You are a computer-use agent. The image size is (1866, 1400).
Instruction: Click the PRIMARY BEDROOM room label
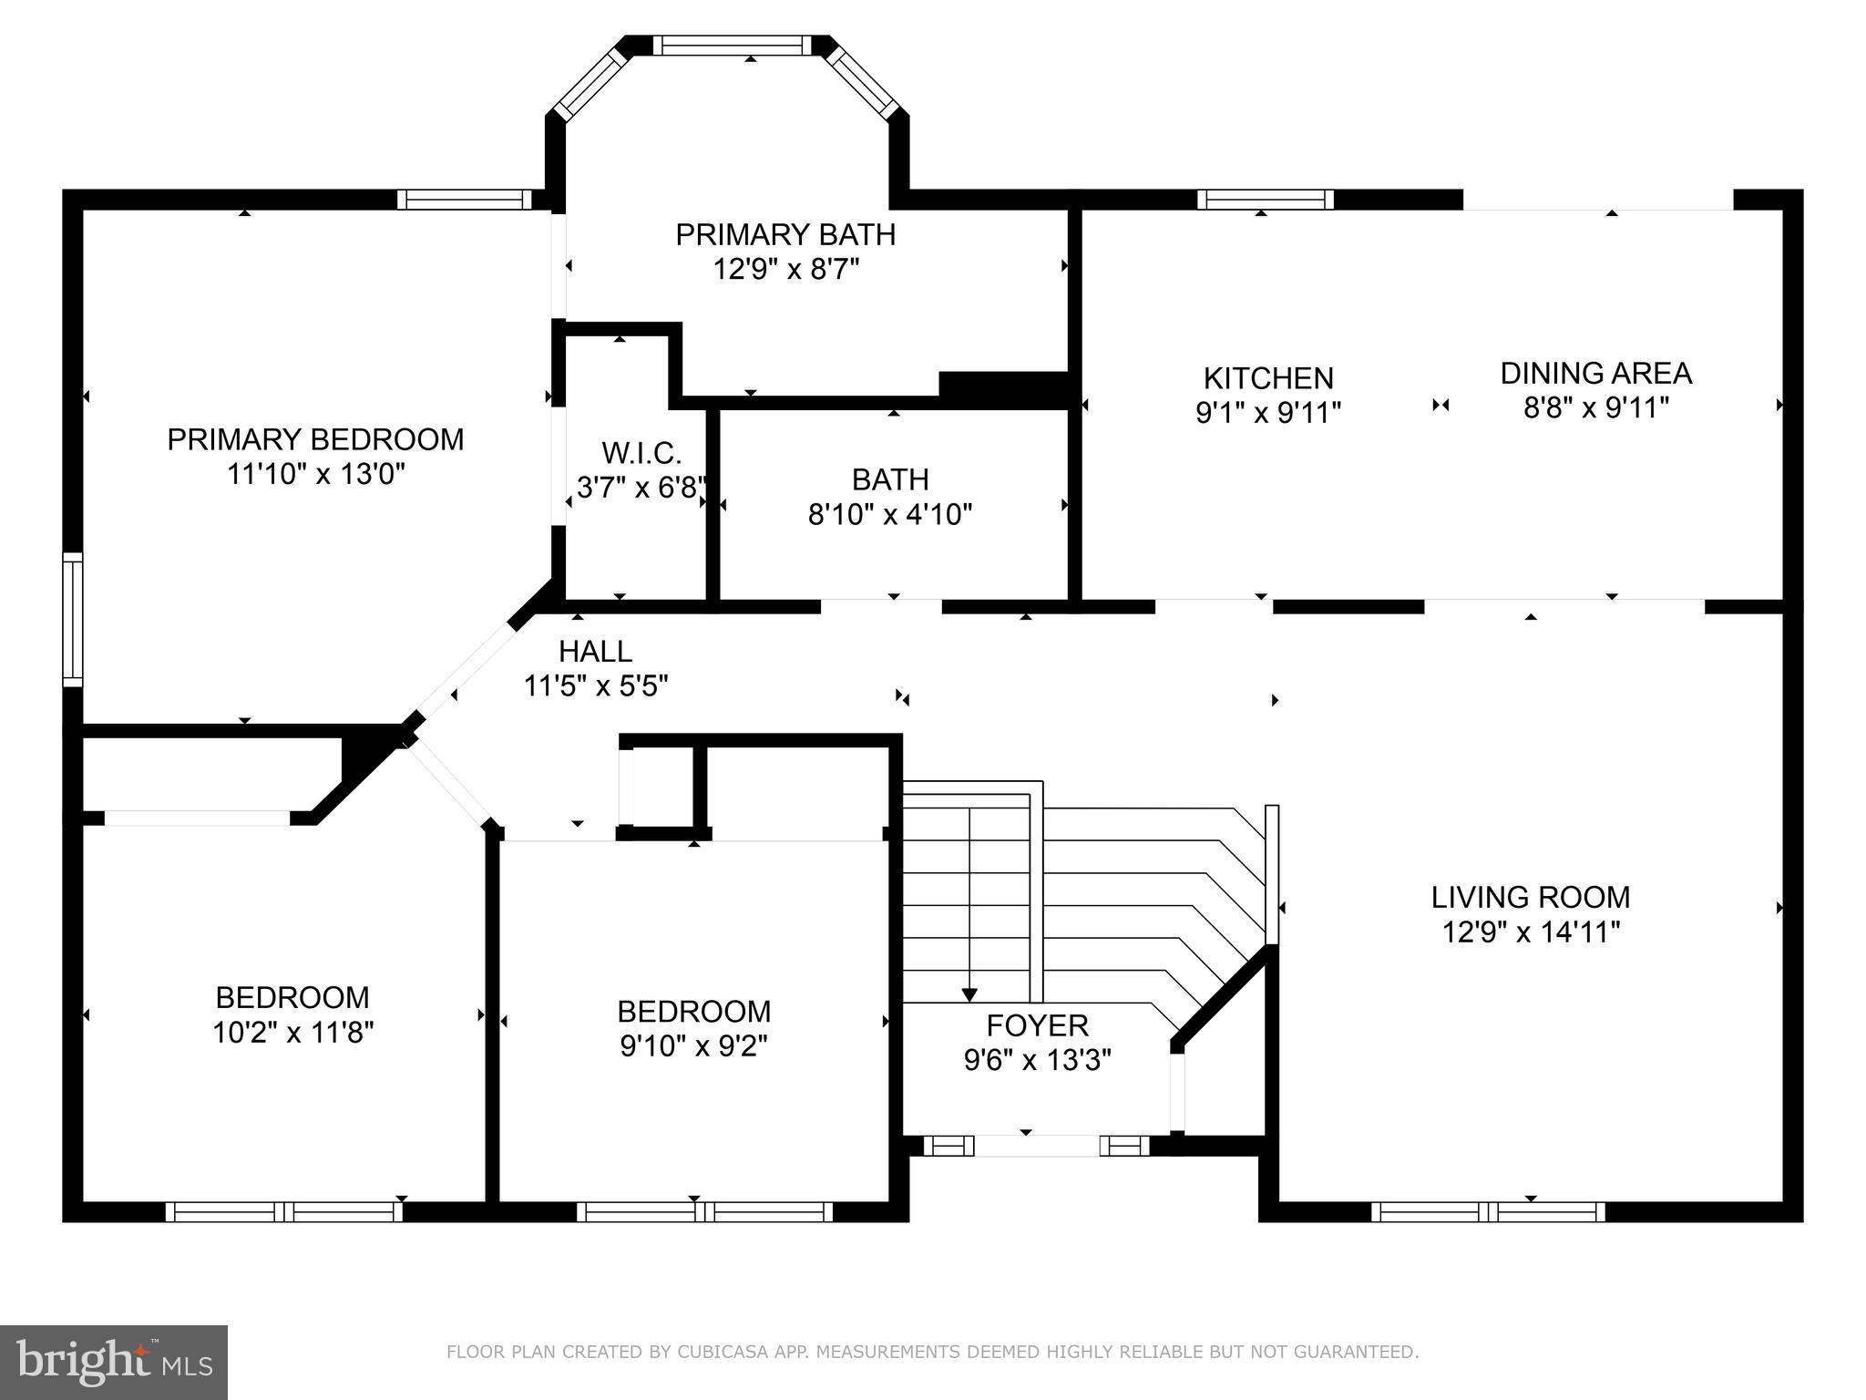(x=315, y=439)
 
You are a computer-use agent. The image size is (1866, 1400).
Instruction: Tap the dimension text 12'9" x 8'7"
(x=786, y=270)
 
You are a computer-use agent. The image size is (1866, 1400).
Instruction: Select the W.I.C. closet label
(x=641, y=453)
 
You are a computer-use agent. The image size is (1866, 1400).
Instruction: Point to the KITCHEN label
(x=1268, y=378)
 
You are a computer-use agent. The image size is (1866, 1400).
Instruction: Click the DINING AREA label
(x=1596, y=373)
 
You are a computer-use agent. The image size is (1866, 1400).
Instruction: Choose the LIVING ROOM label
(x=1531, y=897)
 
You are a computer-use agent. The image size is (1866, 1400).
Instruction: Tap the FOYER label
(x=1038, y=1025)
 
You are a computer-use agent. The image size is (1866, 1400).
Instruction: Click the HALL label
(x=595, y=651)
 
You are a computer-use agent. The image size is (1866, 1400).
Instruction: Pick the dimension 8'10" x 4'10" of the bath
(x=890, y=515)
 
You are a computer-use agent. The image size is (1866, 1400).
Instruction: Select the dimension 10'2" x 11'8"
(x=293, y=1033)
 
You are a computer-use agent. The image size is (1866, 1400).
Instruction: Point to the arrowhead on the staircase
(x=969, y=994)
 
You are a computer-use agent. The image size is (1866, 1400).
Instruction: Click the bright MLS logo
(x=114, y=1363)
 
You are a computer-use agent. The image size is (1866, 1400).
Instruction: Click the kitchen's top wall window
(x=1266, y=199)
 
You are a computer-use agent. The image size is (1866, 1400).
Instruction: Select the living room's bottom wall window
(x=1488, y=1211)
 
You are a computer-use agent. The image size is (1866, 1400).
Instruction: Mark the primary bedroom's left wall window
(x=72, y=620)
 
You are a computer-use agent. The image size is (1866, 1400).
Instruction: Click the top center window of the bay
(x=732, y=46)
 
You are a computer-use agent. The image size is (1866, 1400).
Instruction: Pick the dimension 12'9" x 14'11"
(x=1532, y=932)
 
